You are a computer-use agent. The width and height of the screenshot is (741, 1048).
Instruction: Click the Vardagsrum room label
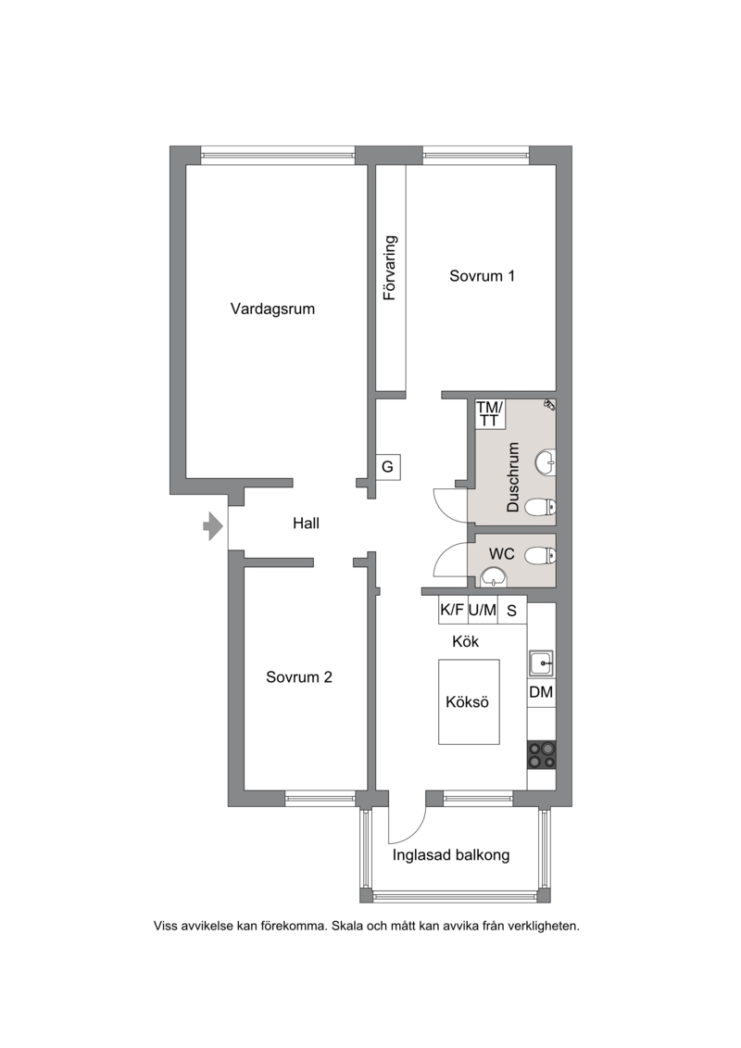[272, 309]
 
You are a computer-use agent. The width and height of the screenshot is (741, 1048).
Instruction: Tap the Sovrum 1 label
[482, 276]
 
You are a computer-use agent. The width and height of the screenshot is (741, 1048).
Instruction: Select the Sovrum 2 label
[298, 677]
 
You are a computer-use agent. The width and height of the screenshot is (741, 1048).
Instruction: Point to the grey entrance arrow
[212, 526]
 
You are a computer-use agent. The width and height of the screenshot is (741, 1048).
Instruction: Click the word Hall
[306, 524]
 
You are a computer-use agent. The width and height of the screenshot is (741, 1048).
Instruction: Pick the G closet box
[387, 466]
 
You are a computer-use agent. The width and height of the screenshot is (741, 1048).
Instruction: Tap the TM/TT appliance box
[490, 413]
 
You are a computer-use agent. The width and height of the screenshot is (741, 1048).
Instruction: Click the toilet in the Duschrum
[540, 508]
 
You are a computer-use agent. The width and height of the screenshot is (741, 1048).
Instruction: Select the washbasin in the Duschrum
[546, 461]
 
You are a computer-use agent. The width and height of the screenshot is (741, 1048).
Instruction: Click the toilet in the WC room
[540, 555]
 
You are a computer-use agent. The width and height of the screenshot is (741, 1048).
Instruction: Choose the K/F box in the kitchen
[452, 611]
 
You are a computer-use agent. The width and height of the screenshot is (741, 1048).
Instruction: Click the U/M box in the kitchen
[482, 611]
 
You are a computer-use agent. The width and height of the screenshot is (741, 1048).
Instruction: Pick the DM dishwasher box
[541, 692]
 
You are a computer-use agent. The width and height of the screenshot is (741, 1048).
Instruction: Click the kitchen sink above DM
[541, 663]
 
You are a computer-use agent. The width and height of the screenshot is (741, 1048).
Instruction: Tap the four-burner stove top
[541, 754]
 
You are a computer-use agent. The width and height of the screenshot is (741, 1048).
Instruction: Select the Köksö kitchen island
[469, 701]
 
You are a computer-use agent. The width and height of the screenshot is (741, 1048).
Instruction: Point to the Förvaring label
[390, 268]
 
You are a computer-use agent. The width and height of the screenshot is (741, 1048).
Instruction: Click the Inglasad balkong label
[451, 855]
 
